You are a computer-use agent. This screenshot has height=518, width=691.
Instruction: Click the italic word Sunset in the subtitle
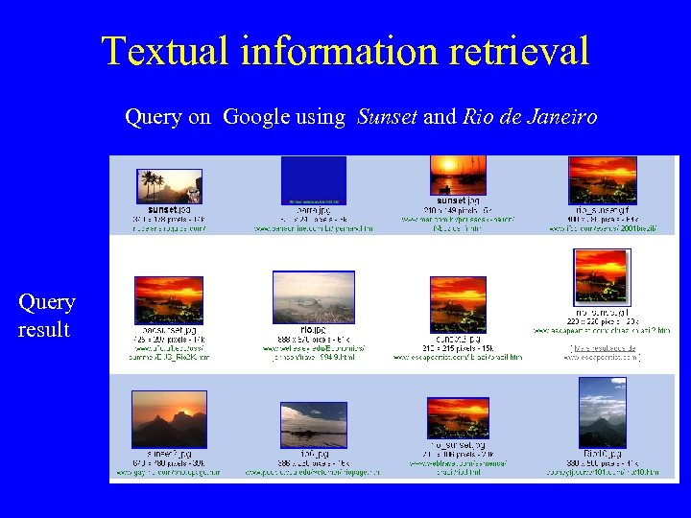coord(387,117)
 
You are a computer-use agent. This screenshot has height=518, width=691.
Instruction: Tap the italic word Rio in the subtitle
coord(478,117)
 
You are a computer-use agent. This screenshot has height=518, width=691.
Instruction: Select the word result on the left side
coord(43,330)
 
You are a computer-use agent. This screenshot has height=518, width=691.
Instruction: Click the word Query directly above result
coord(46,303)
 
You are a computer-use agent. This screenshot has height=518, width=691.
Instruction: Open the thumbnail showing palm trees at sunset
coord(169,186)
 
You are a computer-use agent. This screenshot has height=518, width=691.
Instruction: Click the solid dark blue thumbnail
coord(313,180)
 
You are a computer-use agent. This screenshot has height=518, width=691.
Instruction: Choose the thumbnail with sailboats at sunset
coord(458,176)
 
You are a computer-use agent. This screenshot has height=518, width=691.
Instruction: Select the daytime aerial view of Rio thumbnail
coord(313,297)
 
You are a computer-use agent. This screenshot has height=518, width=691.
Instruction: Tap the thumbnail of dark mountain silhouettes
coord(169,418)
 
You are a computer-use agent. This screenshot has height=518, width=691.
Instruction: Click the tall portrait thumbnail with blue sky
coord(602,412)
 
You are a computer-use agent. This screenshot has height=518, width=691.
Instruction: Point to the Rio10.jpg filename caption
coord(602,453)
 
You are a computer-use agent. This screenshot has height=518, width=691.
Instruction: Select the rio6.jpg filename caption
coord(313,453)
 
